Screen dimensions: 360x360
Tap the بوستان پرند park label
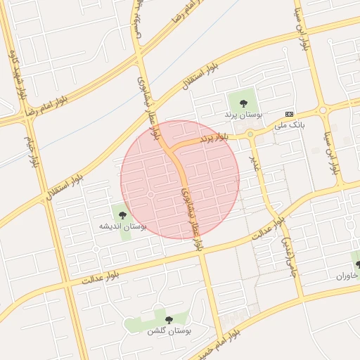pyautogui.click(x=243, y=113)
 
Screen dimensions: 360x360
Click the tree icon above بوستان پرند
pyautogui.click(x=243, y=103)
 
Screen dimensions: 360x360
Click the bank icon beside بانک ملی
pyautogui.click(x=290, y=114)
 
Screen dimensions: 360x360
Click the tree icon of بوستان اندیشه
pyautogui.click(x=123, y=215)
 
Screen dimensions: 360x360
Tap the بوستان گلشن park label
pyautogui.click(x=168, y=330)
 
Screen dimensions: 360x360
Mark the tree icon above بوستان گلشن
pyautogui.click(x=168, y=320)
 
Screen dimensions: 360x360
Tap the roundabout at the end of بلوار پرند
pyautogui.click(x=250, y=134)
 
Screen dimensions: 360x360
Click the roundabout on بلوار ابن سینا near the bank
pyautogui.click(x=323, y=110)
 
